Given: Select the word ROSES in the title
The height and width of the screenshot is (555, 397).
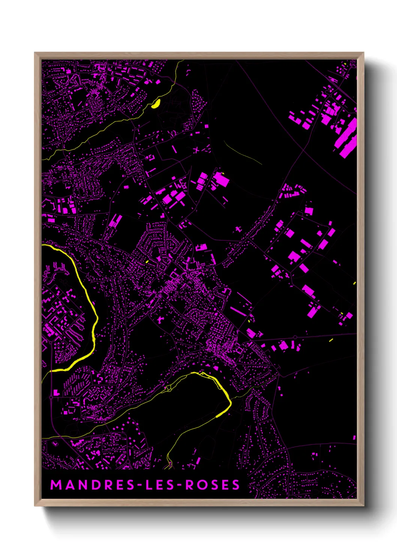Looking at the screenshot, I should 213,485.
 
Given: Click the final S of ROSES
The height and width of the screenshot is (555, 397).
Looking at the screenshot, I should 236,485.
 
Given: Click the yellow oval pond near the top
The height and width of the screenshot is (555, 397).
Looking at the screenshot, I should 156,103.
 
